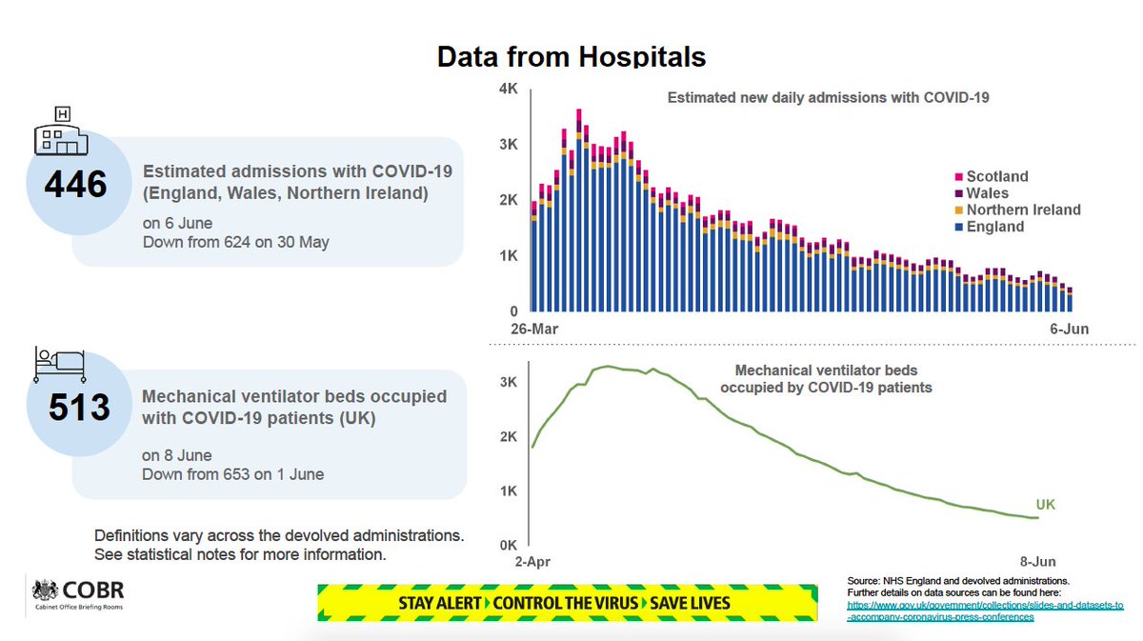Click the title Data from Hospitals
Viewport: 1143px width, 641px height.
click(571, 57)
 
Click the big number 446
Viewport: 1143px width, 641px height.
click(75, 184)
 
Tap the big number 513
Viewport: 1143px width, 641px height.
click(80, 408)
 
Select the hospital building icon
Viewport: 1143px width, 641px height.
click(61, 133)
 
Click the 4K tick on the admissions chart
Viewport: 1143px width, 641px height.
click(508, 90)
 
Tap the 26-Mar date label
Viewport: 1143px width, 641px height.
click(532, 329)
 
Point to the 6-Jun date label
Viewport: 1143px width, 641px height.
click(1069, 329)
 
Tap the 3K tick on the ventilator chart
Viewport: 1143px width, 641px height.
click(508, 382)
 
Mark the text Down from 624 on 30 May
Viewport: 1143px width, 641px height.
click(235, 242)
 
